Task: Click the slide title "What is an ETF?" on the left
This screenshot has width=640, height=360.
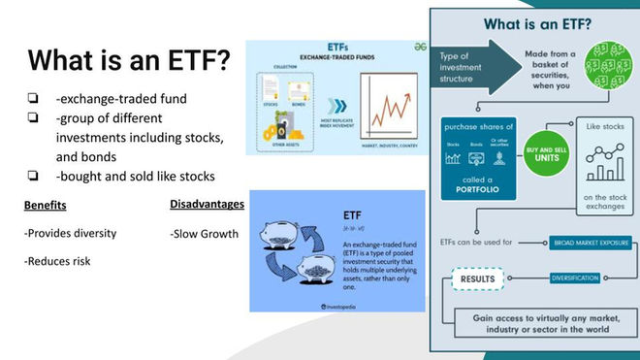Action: point(128,60)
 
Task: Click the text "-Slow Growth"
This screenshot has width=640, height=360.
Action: point(204,233)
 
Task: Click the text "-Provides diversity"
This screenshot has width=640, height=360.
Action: point(70,233)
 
